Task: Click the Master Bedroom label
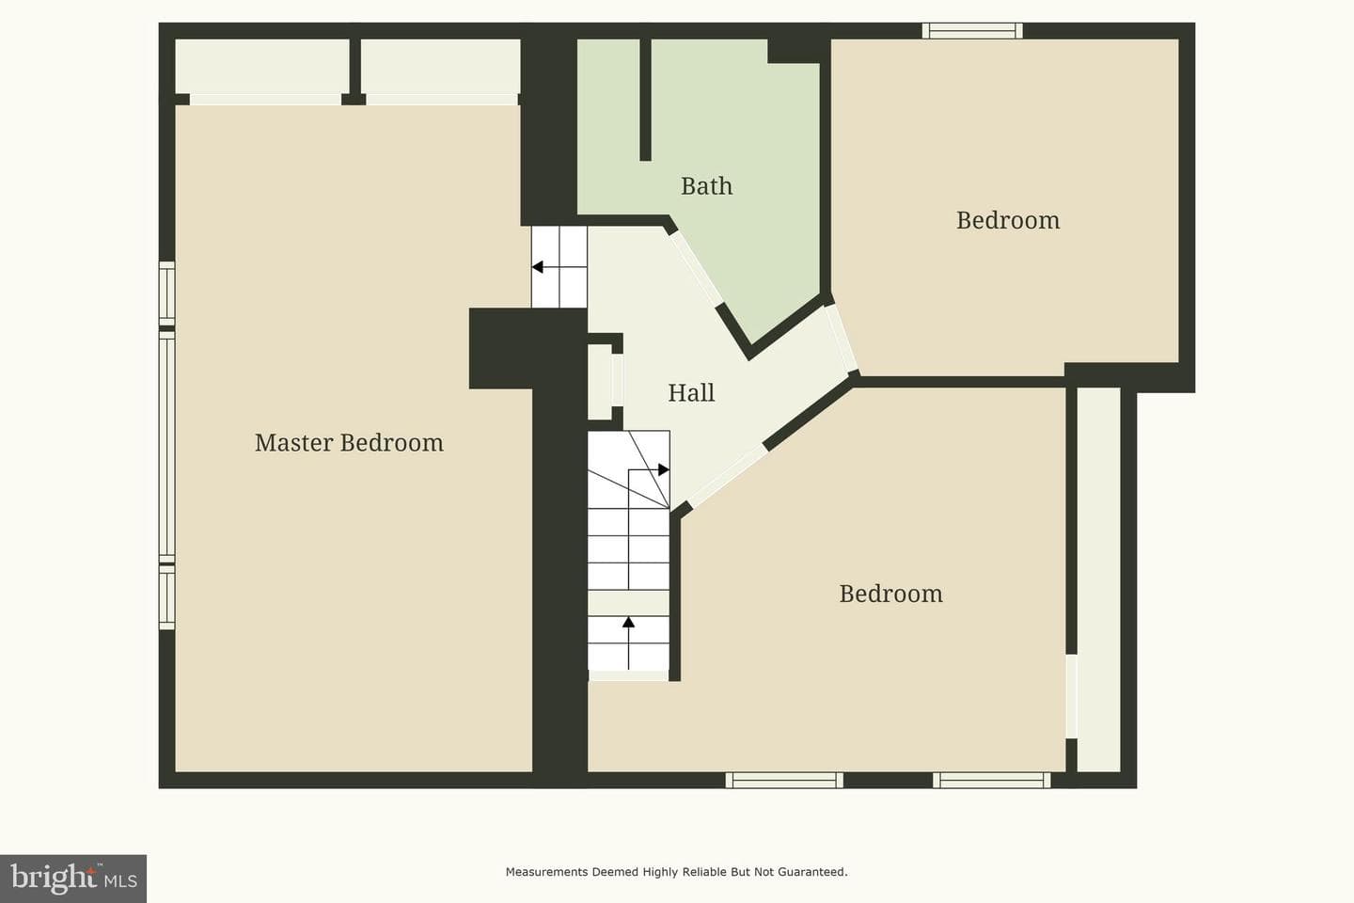(349, 443)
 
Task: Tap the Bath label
(707, 185)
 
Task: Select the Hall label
(691, 392)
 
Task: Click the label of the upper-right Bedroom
(1008, 220)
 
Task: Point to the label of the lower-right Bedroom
(890, 594)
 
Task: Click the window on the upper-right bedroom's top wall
(972, 30)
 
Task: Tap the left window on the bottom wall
(784, 780)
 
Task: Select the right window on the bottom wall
(991, 780)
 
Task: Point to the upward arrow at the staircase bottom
(629, 642)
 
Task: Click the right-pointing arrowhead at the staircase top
(664, 469)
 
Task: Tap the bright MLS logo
(73, 879)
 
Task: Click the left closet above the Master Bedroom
(262, 67)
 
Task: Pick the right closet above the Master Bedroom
(441, 67)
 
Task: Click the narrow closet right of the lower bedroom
(1099, 579)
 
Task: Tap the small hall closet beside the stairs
(600, 382)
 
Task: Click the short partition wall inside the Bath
(645, 100)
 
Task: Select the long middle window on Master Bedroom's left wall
(166, 447)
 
